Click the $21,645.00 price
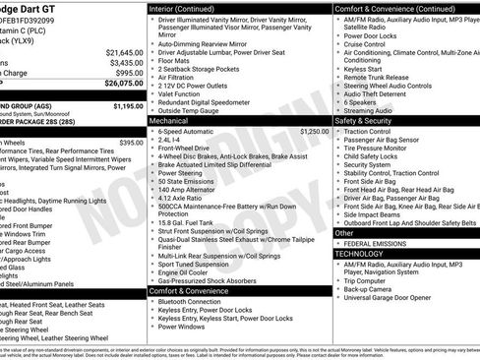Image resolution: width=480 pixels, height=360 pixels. pyautogui.click(x=123, y=51)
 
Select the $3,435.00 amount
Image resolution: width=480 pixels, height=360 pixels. pyautogui.click(x=125, y=62)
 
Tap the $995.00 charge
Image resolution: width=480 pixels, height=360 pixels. pyautogui.click(x=128, y=73)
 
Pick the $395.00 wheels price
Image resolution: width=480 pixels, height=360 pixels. pyautogui.click(x=130, y=142)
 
